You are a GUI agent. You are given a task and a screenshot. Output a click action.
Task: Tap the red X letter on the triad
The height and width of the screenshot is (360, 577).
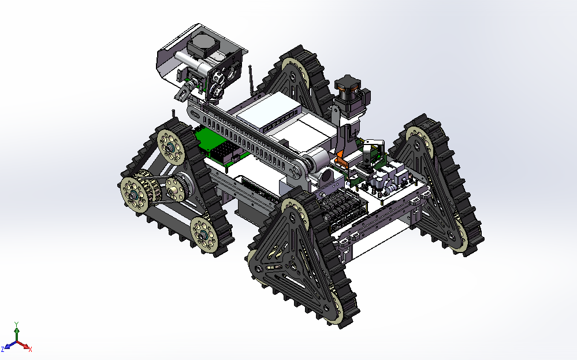pos(30,350)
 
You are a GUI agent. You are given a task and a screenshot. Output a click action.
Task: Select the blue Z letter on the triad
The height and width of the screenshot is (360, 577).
pos(3,349)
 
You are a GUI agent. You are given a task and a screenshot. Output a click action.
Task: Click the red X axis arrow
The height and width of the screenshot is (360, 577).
pos(24,346)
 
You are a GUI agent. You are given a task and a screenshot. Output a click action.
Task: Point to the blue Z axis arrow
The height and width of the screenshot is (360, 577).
pos(10,346)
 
